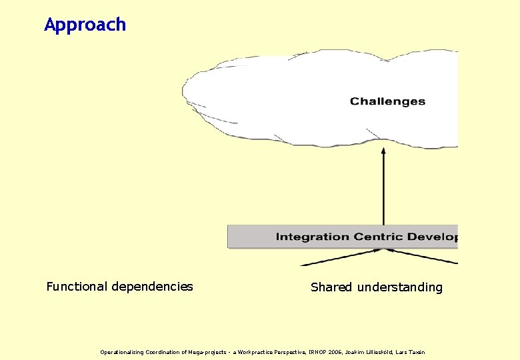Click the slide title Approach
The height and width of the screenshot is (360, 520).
tap(85, 25)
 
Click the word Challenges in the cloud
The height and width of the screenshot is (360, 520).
tap(387, 101)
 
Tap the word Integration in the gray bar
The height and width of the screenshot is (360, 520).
tap(303, 237)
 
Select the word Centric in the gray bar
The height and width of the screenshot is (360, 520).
tap(366, 237)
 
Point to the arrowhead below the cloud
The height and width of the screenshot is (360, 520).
tap(383, 152)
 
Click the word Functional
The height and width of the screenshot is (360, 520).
tap(76, 287)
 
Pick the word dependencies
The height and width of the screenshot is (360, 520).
tap(152, 287)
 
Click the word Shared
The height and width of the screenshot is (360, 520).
tap(331, 287)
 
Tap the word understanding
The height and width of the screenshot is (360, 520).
tap(399, 287)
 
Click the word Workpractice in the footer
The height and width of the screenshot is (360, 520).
tap(251, 352)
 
